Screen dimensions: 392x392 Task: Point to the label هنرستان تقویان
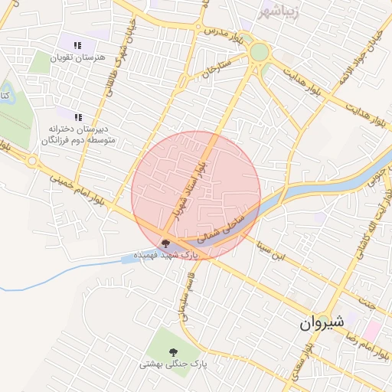[x=76, y=57]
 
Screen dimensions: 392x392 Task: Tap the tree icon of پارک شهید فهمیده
[x=165, y=244]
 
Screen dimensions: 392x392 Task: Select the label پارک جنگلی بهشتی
[x=174, y=365]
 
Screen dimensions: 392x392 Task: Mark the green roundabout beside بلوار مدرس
[x=260, y=52]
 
